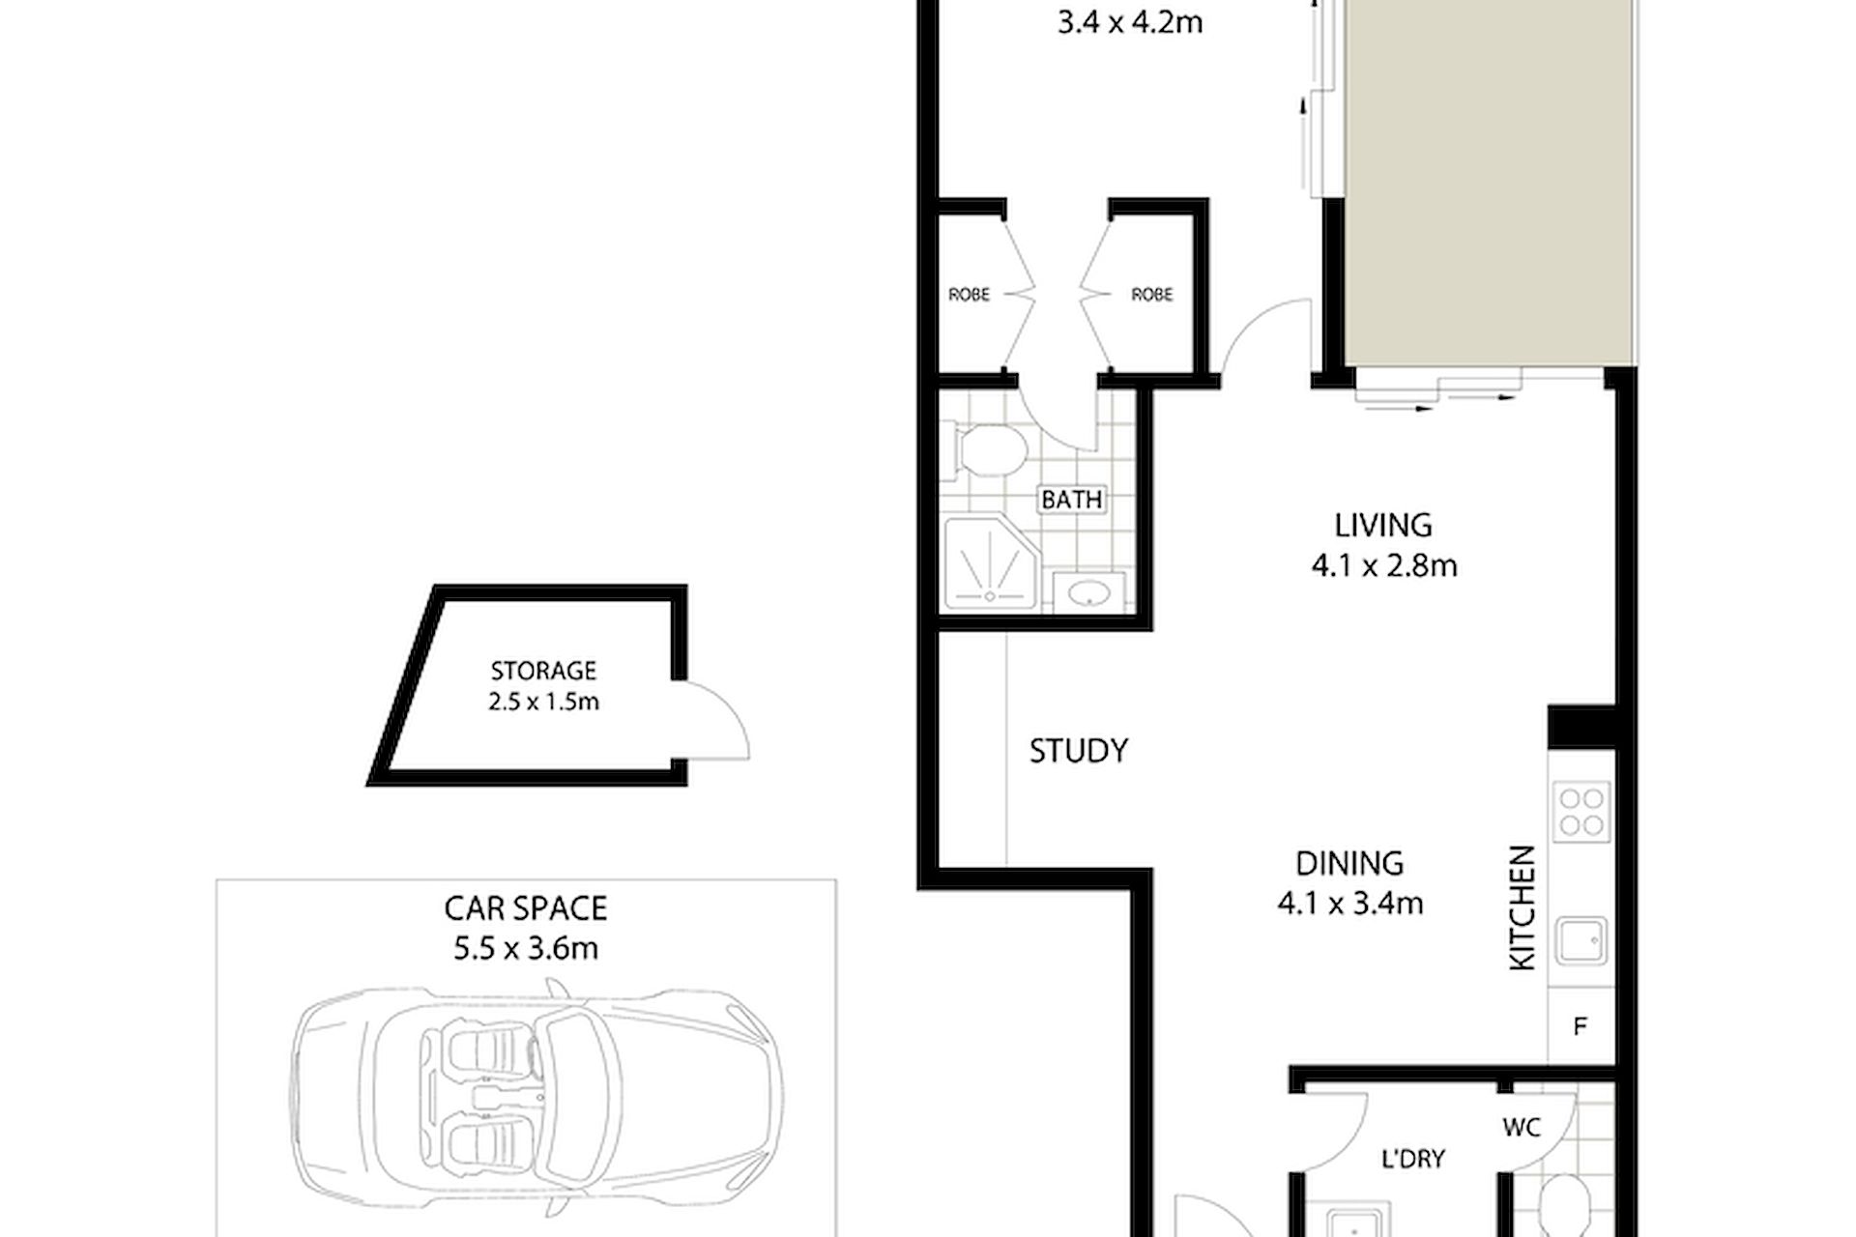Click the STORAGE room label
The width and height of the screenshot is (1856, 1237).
[x=543, y=670]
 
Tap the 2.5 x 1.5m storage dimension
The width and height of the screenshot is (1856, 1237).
[x=543, y=702]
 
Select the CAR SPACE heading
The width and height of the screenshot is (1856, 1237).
[x=526, y=908]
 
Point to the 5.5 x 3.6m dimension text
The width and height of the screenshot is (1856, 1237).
[x=526, y=949]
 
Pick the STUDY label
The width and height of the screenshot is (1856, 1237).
[x=1079, y=751]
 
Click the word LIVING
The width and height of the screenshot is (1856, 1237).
[x=1383, y=525]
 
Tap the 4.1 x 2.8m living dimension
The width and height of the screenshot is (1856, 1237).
[x=1384, y=565]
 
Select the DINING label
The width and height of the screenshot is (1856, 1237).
[x=1349, y=863]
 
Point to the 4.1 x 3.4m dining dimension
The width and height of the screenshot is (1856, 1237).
[x=1350, y=904]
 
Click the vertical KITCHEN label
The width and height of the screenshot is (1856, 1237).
[x=1522, y=907]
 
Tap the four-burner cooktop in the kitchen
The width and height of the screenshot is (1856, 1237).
[x=1582, y=812]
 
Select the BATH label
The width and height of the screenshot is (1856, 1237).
[x=1072, y=500]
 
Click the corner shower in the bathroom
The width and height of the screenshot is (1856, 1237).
[x=991, y=565]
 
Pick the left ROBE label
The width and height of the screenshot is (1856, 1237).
[x=969, y=294]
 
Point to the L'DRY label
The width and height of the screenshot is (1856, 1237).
[x=1413, y=1158]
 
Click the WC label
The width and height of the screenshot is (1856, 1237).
[x=1522, y=1127]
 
